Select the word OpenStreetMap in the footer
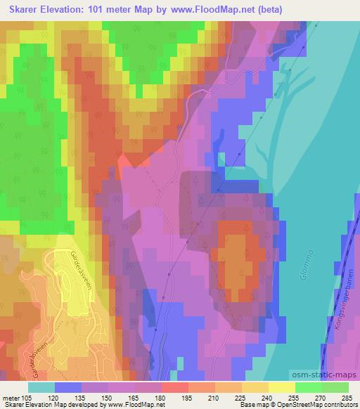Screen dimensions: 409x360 [x=293, y=404]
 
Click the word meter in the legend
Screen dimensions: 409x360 [x=12, y=398]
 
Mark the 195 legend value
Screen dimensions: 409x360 [x=176, y=398]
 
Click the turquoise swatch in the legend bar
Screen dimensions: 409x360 [x=41, y=387]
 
